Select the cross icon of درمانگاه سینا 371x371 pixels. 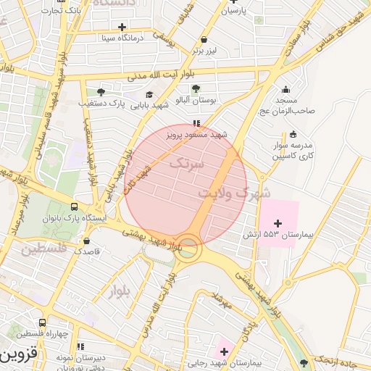point(122,27)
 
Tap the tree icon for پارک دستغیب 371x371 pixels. point(101,92)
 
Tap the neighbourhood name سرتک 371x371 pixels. point(187,164)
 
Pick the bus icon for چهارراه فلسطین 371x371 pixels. point(43,322)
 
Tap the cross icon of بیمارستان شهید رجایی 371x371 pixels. point(224,351)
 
